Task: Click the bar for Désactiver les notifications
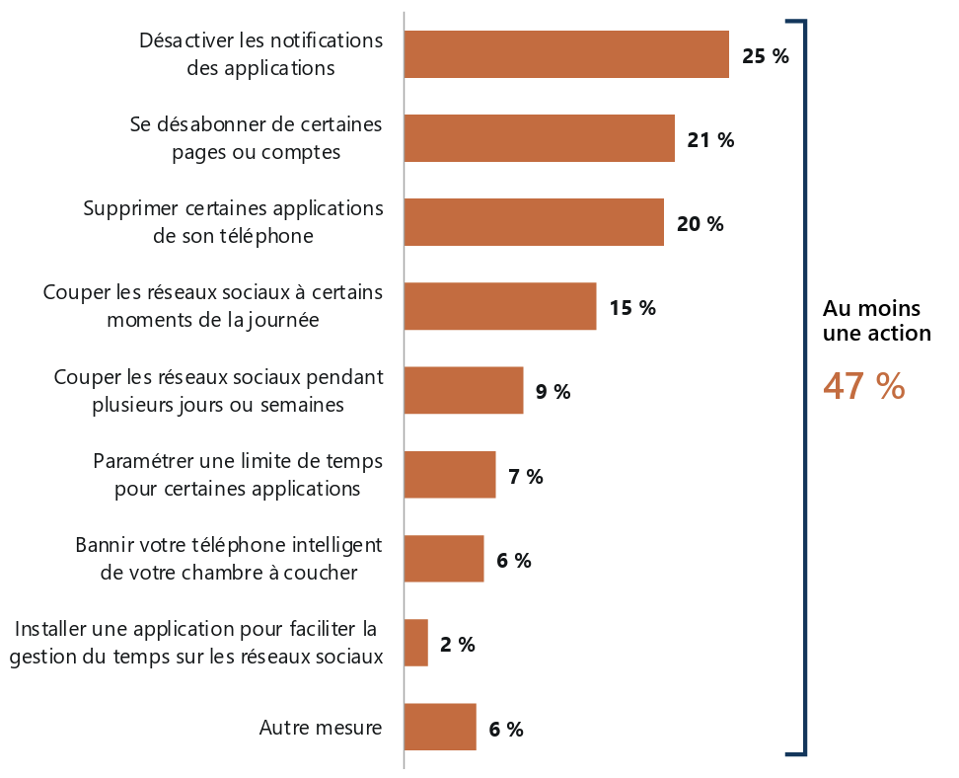point(565,54)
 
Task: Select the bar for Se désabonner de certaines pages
point(539,138)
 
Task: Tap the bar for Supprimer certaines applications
point(534,222)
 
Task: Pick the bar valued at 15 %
point(499,306)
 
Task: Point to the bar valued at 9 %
point(463,391)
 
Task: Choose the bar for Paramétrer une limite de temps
point(449,475)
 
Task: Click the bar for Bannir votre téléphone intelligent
point(443,559)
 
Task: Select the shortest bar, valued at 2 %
point(415,643)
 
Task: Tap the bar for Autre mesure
point(439,728)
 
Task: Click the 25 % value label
point(765,56)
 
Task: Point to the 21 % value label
point(710,140)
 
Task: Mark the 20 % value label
point(700,224)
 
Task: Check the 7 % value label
point(525,477)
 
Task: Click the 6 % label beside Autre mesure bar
point(505,730)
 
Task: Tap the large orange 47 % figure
point(863,386)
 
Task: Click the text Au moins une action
point(877,320)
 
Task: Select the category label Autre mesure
point(320,729)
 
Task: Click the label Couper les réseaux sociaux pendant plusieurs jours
point(218,391)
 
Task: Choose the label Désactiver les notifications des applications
point(260,54)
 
